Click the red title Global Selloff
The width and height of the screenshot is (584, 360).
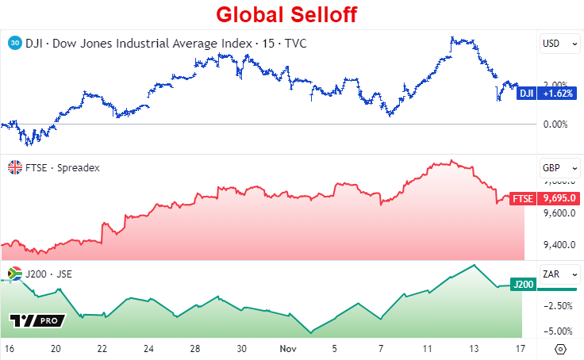pos(288,15)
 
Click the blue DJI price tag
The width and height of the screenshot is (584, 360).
pos(526,94)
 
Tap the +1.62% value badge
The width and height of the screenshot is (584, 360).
pos(558,94)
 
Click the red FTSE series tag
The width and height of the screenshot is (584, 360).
pos(523,198)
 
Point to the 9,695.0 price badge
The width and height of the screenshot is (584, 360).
pos(558,198)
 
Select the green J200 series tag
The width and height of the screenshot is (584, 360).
pos(523,284)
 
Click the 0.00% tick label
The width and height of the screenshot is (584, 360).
pos(555,124)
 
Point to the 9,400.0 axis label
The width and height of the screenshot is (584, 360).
pos(558,244)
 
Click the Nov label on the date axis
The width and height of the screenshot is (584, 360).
pos(288,348)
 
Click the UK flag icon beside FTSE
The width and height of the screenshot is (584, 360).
pos(13,167)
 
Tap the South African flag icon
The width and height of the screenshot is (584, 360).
pos(13,274)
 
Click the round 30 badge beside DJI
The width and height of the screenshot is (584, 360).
pos(13,43)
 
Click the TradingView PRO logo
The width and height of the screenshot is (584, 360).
pos(36,320)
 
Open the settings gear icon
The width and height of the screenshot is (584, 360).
pos(561,348)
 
